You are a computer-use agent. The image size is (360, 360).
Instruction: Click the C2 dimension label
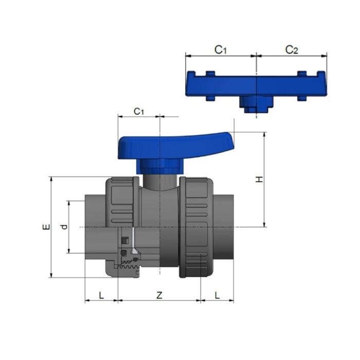[x=292, y=49]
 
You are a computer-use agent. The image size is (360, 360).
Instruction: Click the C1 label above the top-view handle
[x=221, y=49]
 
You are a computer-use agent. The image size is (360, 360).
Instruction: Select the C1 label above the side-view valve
[x=139, y=111]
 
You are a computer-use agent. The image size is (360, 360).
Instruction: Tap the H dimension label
[x=260, y=179]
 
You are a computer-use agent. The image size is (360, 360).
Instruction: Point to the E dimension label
[x=46, y=227]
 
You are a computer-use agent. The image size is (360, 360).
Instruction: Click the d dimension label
[x=64, y=227]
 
